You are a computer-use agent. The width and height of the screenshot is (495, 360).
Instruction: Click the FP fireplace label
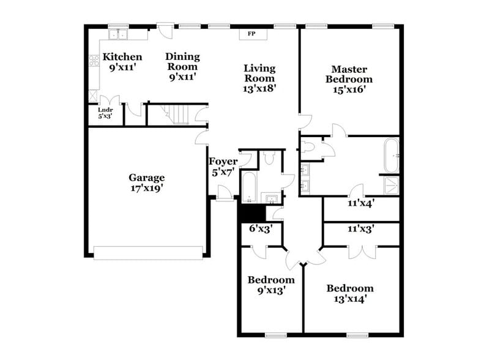pos(251,34)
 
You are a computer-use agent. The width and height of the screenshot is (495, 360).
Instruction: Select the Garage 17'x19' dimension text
pos(146,189)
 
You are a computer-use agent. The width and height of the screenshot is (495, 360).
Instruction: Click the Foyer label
pos(223,162)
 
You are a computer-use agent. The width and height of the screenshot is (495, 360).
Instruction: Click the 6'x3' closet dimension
pos(261,229)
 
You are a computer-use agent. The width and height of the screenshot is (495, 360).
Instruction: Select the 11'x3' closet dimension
pos(361,229)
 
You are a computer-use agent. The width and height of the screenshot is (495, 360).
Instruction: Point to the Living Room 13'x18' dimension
pos(259,88)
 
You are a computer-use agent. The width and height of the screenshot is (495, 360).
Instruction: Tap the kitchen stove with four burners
pos(95,61)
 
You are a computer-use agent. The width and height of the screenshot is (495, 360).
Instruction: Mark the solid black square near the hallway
pos(250,211)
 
